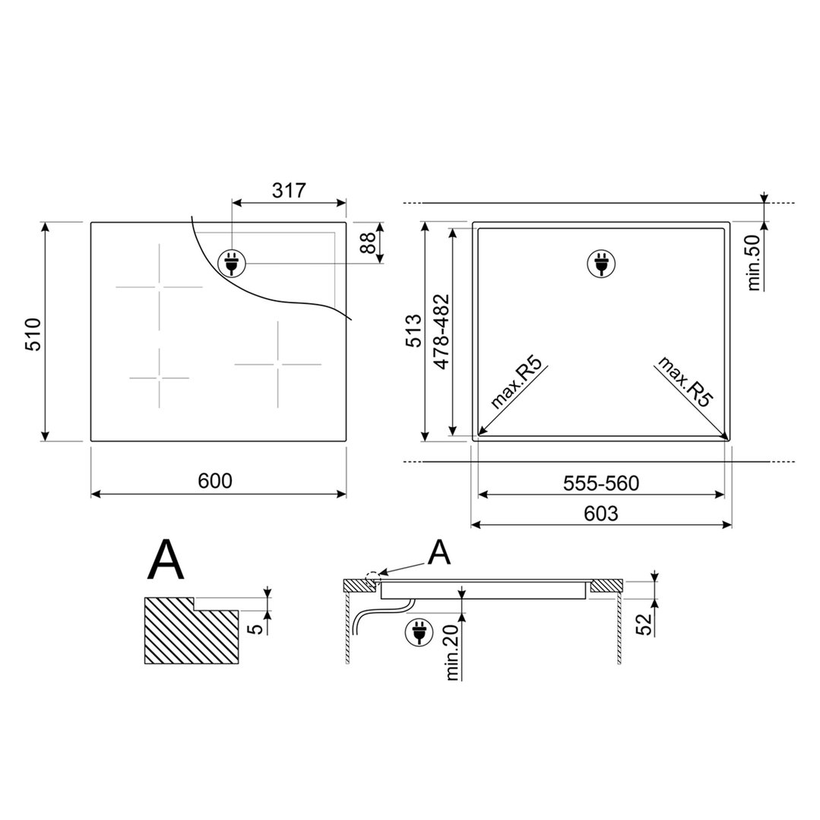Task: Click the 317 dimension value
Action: (289, 190)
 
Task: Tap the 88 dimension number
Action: (370, 242)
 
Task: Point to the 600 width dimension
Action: (215, 480)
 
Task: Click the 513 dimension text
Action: (413, 331)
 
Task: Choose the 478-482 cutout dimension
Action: (442, 332)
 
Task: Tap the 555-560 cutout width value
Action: (601, 483)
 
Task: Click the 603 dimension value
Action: (601, 513)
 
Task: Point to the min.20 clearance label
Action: (453, 652)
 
